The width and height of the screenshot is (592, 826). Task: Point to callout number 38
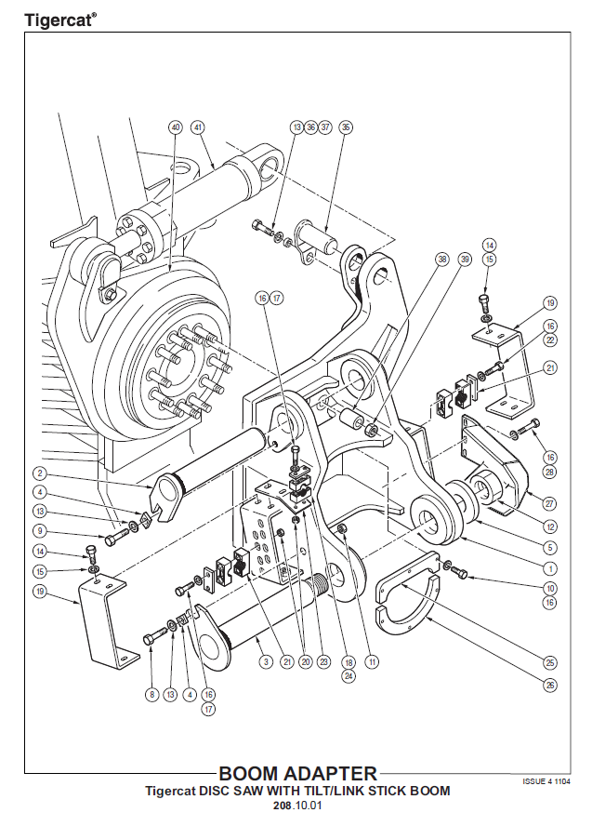tap(441, 260)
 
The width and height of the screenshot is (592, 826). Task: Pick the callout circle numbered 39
tap(465, 260)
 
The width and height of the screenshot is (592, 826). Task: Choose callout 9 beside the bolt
tap(40, 531)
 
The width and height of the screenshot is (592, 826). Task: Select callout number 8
tap(151, 693)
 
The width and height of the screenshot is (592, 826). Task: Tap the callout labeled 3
tap(266, 661)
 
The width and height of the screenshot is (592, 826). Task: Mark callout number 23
tap(322, 661)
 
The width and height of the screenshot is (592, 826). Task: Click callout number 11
tap(372, 661)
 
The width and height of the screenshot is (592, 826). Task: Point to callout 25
tap(550, 661)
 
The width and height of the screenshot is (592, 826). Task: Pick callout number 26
tap(550, 686)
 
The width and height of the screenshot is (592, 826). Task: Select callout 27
tap(550, 503)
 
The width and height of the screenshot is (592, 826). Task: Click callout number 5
tap(550, 547)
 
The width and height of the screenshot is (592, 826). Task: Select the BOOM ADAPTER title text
tap(297, 773)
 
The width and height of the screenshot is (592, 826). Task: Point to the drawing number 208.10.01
tap(296, 806)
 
